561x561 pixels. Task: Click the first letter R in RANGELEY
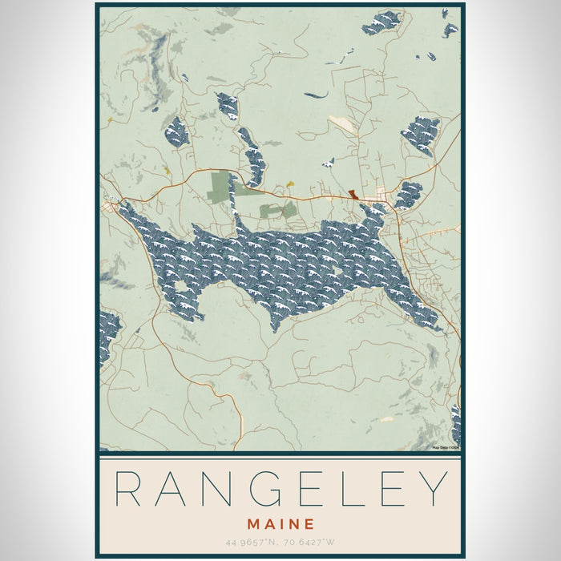pos(128,489)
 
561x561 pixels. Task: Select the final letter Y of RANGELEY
pos(434,489)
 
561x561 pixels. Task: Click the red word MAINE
pos(280,524)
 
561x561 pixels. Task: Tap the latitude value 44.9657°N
pos(252,542)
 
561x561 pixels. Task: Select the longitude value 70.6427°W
pos(309,542)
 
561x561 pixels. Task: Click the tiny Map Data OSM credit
pos(445,447)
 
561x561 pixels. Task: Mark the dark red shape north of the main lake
pos(353,195)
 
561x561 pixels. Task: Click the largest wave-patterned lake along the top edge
pos(381,22)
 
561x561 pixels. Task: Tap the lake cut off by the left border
pos(108,333)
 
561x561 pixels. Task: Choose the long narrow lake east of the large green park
pos(252,160)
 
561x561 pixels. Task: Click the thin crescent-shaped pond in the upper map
pos(316,95)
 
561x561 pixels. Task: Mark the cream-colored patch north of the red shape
pos(343,125)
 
